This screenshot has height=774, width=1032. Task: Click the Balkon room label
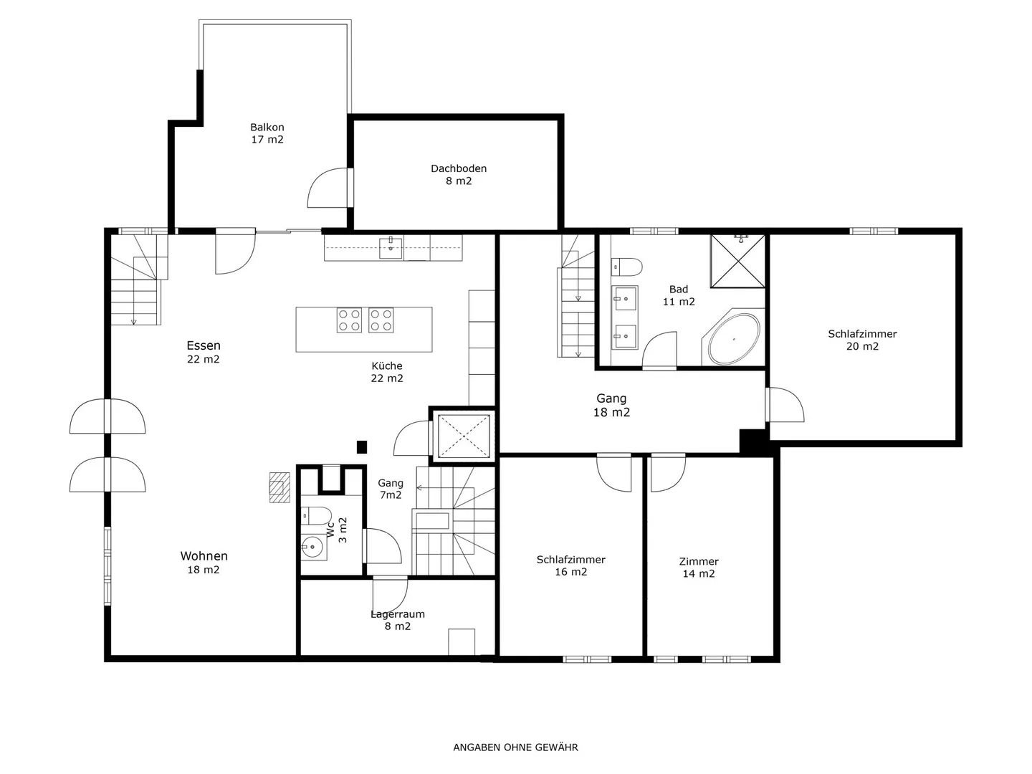(x=267, y=133)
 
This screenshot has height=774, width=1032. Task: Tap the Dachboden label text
(x=459, y=168)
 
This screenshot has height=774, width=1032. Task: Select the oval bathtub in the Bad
(x=733, y=339)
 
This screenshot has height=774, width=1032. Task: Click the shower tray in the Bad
(x=737, y=262)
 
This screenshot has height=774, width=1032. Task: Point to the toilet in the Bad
(x=626, y=267)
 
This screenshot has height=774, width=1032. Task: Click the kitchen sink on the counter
(x=391, y=248)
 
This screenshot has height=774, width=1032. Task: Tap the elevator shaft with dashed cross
(x=464, y=436)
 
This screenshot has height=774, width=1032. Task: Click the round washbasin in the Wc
(x=314, y=547)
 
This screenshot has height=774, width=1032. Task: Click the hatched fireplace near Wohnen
(x=279, y=487)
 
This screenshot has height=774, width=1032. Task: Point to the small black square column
(x=361, y=447)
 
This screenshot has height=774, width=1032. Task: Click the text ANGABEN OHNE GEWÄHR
(x=515, y=747)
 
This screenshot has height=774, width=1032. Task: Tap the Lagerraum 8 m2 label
(x=398, y=620)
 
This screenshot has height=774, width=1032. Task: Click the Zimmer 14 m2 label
(x=699, y=567)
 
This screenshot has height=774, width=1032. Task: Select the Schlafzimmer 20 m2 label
(x=862, y=340)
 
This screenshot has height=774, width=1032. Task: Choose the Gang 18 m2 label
(x=611, y=405)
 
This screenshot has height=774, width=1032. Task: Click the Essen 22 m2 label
(x=203, y=352)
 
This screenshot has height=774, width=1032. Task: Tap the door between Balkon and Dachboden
(x=330, y=188)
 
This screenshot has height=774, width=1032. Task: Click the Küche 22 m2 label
(x=387, y=372)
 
